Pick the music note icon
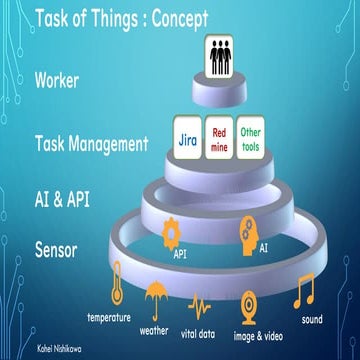304,291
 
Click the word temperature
109,318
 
